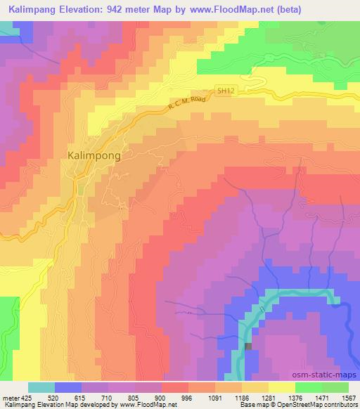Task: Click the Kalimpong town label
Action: pyautogui.click(x=94, y=155)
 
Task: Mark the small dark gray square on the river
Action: pyautogui.click(x=247, y=346)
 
